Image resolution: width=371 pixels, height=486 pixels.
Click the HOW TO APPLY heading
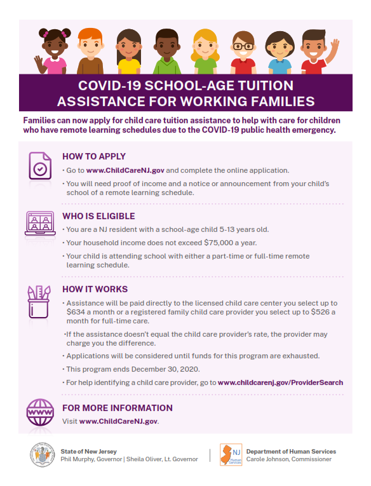(x=94, y=156)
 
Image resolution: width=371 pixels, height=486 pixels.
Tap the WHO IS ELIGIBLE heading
(x=99, y=216)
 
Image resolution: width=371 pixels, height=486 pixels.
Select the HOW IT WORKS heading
(x=95, y=289)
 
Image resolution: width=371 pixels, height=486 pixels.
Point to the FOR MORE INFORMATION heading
(x=118, y=408)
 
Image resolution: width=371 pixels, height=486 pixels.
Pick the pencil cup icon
(x=40, y=301)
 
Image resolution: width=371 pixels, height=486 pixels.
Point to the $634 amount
(x=77, y=312)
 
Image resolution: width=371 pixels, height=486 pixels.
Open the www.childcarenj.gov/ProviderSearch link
(x=280, y=382)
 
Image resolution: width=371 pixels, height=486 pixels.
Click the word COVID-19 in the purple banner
(x=111, y=85)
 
